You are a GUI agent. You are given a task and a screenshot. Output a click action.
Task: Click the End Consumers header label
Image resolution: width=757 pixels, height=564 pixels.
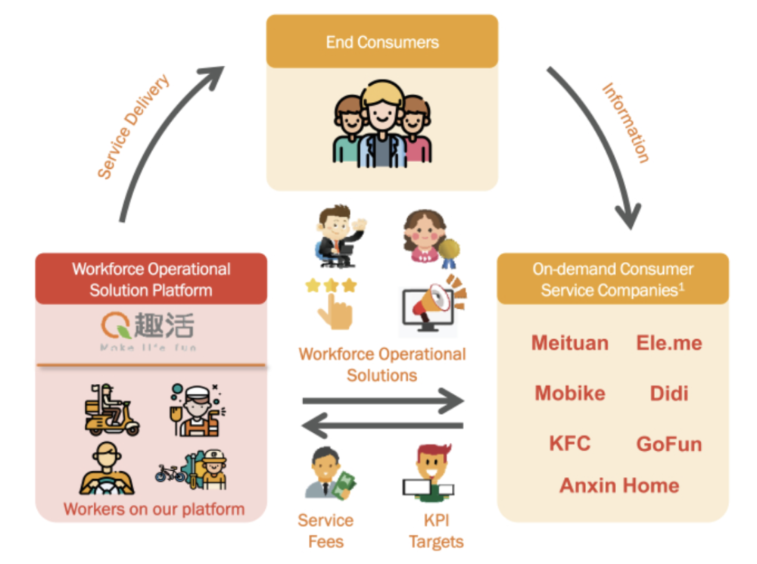382,42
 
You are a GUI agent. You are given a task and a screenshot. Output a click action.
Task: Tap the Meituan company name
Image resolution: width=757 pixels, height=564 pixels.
569,343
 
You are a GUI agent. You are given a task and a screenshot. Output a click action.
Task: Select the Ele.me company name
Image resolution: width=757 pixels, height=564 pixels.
669,343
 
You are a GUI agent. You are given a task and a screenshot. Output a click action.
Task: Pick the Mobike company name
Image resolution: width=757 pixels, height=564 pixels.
569,394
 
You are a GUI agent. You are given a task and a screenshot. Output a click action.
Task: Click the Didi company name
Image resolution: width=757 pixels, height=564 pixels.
669,394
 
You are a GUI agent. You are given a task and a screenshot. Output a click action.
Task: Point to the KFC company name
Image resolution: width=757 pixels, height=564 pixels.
569,444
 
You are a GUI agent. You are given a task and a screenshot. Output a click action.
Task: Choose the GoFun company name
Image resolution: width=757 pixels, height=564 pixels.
669,444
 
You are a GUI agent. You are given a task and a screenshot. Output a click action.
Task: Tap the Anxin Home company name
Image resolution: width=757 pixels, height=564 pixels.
619,485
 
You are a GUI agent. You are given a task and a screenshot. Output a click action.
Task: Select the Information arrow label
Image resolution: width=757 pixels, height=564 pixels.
626,123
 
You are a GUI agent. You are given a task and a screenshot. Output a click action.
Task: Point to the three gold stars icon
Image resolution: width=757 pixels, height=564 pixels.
329,286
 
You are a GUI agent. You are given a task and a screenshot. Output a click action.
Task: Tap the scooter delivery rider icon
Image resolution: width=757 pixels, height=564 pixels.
111,410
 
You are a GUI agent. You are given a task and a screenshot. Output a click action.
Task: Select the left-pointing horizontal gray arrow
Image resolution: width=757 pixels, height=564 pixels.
382,428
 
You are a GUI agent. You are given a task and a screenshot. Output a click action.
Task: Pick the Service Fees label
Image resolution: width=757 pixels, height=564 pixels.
326,531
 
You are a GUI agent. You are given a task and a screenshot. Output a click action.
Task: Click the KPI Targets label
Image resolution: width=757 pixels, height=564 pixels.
436,531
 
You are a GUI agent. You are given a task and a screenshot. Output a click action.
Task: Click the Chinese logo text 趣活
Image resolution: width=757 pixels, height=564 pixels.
164,326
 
